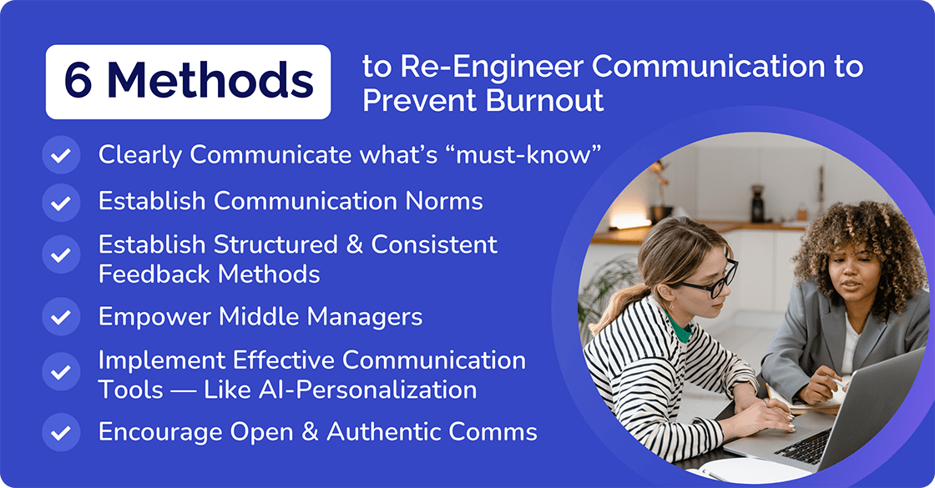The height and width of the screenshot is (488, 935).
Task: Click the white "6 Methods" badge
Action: click(x=188, y=82)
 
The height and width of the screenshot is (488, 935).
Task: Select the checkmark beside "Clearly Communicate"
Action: click(x=60, y=155)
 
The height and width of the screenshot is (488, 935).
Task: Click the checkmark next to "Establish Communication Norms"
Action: click(x=60, y=202)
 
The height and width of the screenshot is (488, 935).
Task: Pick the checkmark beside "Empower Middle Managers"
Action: click(x=60, y=317)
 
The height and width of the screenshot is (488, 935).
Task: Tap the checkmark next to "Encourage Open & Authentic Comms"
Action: click(x=60, y=432)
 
